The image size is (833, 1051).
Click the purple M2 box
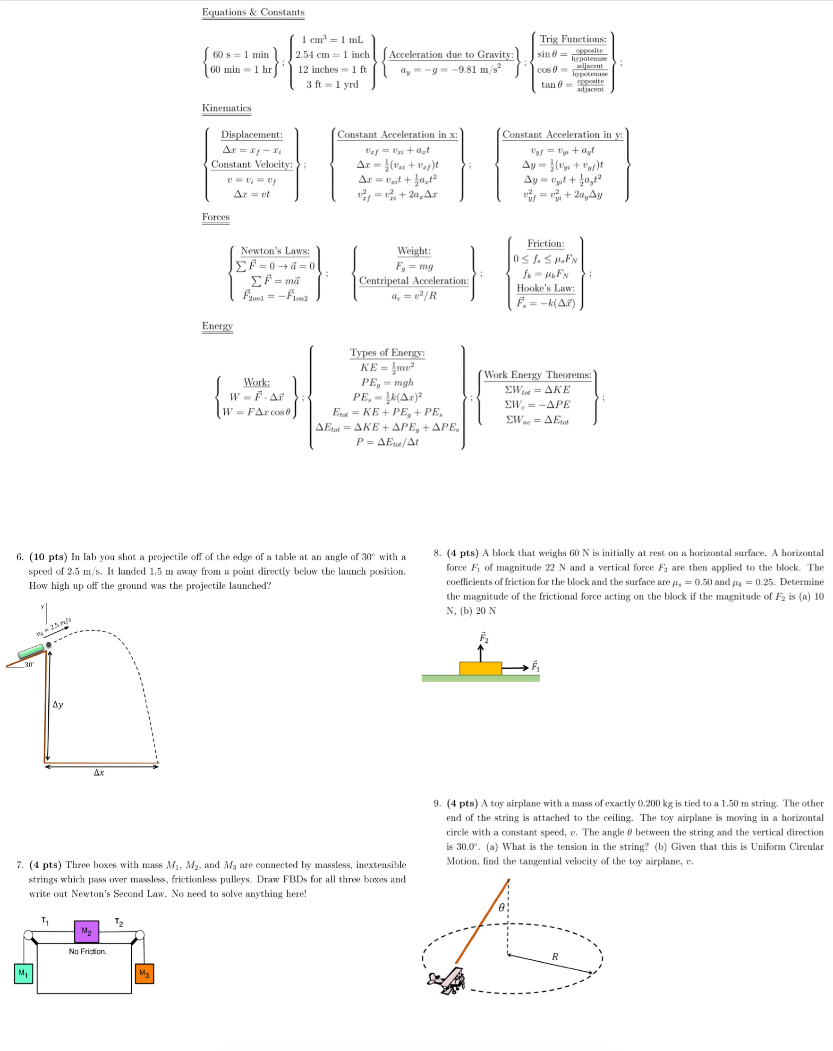(86, 932)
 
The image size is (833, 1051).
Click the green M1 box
(24, 974)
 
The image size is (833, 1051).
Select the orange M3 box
(144, 974)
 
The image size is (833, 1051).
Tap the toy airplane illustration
(446, 980)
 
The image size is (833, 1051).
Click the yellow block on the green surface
(480, 668)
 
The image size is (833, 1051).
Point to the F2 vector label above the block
(484, 637)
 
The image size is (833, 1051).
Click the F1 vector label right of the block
(535, 666)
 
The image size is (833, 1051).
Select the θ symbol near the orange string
(501, 907)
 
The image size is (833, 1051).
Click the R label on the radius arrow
(555, 957)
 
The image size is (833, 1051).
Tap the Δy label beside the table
(58, 704)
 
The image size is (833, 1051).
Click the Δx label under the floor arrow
(99, 772)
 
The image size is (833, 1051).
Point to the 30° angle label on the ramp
(30, 664)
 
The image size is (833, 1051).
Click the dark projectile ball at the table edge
(49, 644)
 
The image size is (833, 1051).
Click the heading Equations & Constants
(253, 12)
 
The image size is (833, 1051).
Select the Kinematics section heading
(227, 108)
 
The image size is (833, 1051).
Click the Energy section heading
(217, 326)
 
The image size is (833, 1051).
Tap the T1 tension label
(45, 921)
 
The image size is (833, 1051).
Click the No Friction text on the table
(88, 951)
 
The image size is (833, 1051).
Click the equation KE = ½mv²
(387, 367)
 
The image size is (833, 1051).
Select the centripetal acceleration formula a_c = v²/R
(414, 296)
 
